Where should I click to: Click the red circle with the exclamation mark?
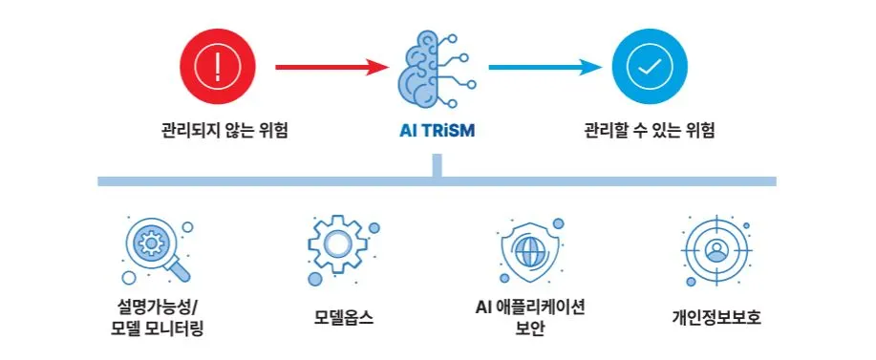218,67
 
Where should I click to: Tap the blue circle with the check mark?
650,67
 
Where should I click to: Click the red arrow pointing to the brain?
331,68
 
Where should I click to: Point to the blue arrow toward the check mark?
545,68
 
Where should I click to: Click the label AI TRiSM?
437,131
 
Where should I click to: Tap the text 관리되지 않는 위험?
224,131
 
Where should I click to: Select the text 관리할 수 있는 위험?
650,131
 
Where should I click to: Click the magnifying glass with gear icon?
157,249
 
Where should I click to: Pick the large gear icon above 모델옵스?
337,244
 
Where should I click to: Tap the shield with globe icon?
528,251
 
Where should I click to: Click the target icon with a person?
716,251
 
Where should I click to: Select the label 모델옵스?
344,318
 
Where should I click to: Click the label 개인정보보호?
716,318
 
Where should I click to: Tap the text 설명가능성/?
158,307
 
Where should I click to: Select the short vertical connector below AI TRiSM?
437,166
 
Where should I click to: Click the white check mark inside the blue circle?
650,67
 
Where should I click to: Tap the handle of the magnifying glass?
179,270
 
